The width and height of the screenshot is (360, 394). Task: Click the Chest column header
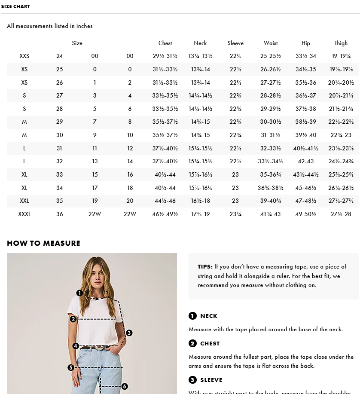[x=165, y=43]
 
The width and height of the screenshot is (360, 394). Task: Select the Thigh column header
[x=341, y=43]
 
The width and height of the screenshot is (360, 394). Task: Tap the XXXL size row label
[x=24, y=214]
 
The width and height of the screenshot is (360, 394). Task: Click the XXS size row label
[x=24, y=56]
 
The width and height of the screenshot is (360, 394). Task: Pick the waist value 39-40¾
[x=270, y=201]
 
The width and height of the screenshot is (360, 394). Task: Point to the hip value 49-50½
[x=305, y=214]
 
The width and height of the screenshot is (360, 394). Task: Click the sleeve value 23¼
[x=235, y=214]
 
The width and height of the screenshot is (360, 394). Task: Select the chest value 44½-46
[x=165, y=201]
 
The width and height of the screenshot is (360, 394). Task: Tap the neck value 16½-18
[x=200, y=201]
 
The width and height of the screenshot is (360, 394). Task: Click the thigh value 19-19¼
[x=341, y=56]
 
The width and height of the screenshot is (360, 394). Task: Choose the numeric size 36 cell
[x=59, y=214]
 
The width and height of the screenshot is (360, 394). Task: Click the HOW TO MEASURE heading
[x=43, y=243]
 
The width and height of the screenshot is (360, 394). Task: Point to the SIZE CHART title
[x=15, y=6]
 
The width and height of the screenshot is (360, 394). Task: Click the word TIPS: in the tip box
[x=205, y=267]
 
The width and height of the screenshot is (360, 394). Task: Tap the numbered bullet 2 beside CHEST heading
[x=192, y=343]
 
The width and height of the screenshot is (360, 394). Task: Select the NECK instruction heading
[x=209, y=316]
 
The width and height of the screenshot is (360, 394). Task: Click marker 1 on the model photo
[x=79, y=293]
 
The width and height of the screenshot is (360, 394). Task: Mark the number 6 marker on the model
[x=125, y=386]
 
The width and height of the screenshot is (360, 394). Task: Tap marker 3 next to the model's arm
[x=129, y=333]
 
